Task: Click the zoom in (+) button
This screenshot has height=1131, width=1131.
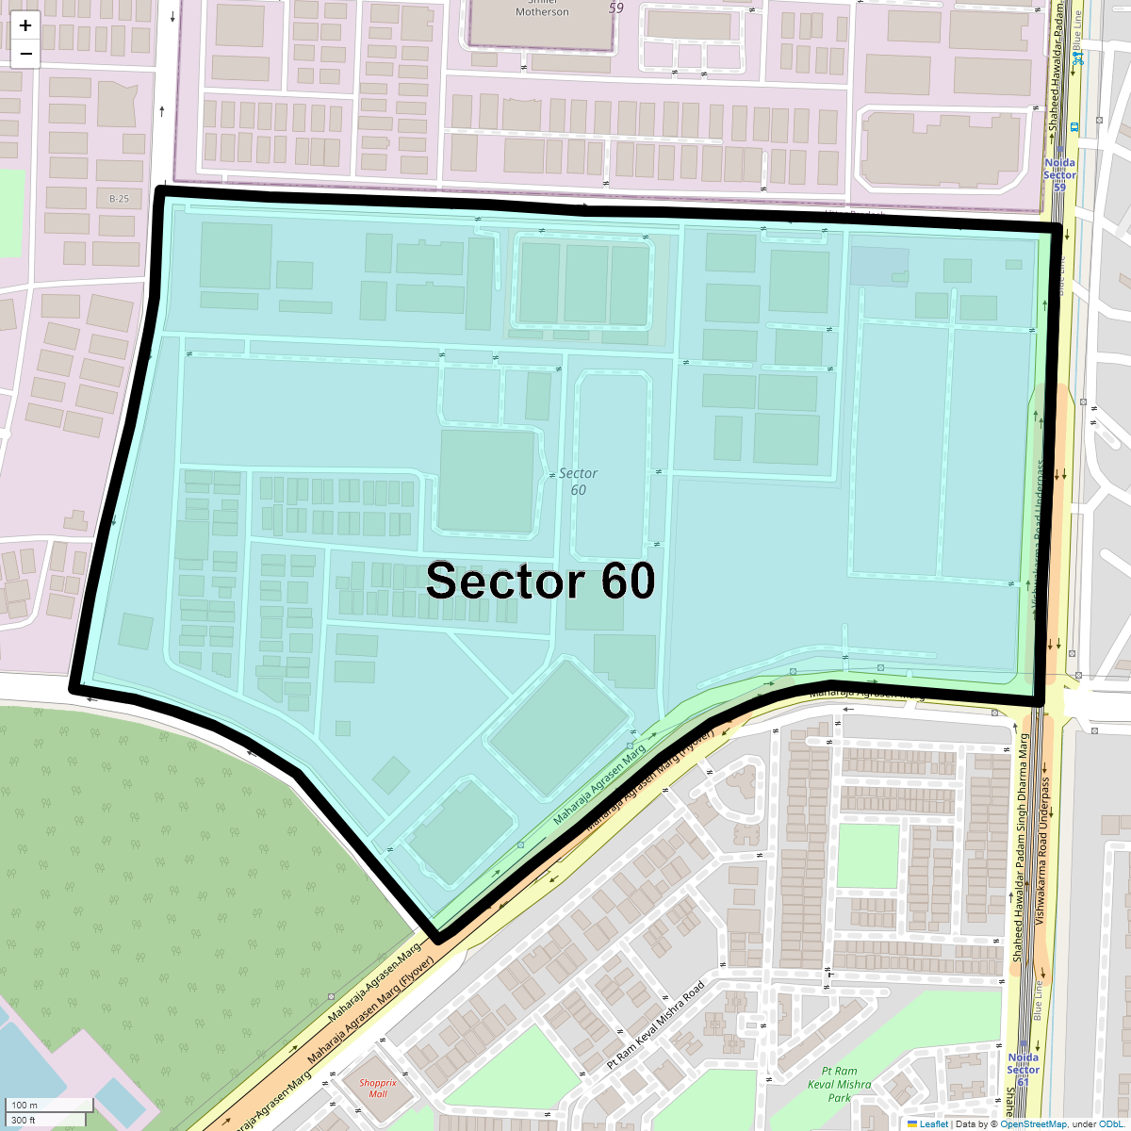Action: click(x=25, y=25)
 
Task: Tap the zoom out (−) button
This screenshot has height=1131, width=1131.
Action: click(x=25, y=54)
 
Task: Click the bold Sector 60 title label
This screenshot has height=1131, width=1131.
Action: click(x=540, y=581)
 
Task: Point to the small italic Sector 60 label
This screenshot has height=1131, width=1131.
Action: click(x=578, y=481)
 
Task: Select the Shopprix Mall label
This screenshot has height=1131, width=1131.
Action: click(x=378, y=1088)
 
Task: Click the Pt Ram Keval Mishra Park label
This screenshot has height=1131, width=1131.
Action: click(x=840, y=1084)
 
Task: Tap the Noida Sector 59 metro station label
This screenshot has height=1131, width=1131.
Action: click(x=1059, y=174)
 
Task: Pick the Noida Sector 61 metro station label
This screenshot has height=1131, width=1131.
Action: click(x=1023, y=1069)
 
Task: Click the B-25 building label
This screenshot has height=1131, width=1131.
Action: click(x=119, y=199)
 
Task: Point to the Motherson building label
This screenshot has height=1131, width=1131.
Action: click(x=542, y=11)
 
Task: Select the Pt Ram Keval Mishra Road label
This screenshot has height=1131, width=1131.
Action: click(x=656, y=1024)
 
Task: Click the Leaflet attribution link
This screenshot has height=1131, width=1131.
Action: click(x=933, y=1123)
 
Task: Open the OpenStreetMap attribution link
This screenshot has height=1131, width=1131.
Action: click(x=1033, y=1123)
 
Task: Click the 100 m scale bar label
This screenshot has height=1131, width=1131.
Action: click(x=25, y=1105)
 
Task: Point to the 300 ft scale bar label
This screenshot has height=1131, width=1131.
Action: click(x=24, y=1120)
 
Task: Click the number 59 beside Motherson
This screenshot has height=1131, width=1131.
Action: click(x=616, y=8)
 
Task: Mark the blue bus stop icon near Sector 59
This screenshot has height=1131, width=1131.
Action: click(x=1074, y=125)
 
